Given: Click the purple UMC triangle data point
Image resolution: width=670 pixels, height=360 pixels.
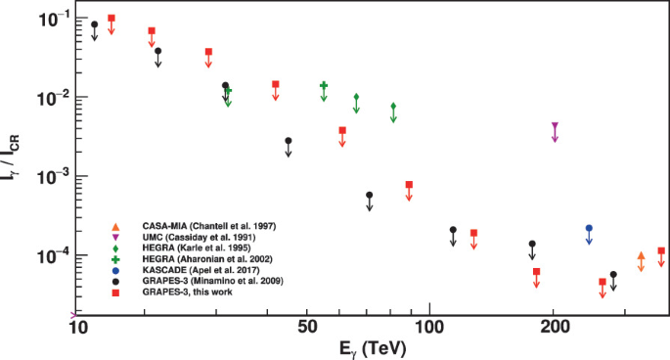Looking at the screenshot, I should tap(555, 126).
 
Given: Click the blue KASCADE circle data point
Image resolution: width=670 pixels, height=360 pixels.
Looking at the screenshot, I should tap(589, 228).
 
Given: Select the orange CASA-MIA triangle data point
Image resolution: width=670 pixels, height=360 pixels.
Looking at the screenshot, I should tap(641, 256).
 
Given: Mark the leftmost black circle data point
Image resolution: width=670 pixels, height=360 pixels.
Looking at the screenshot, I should tap(94, 24).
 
